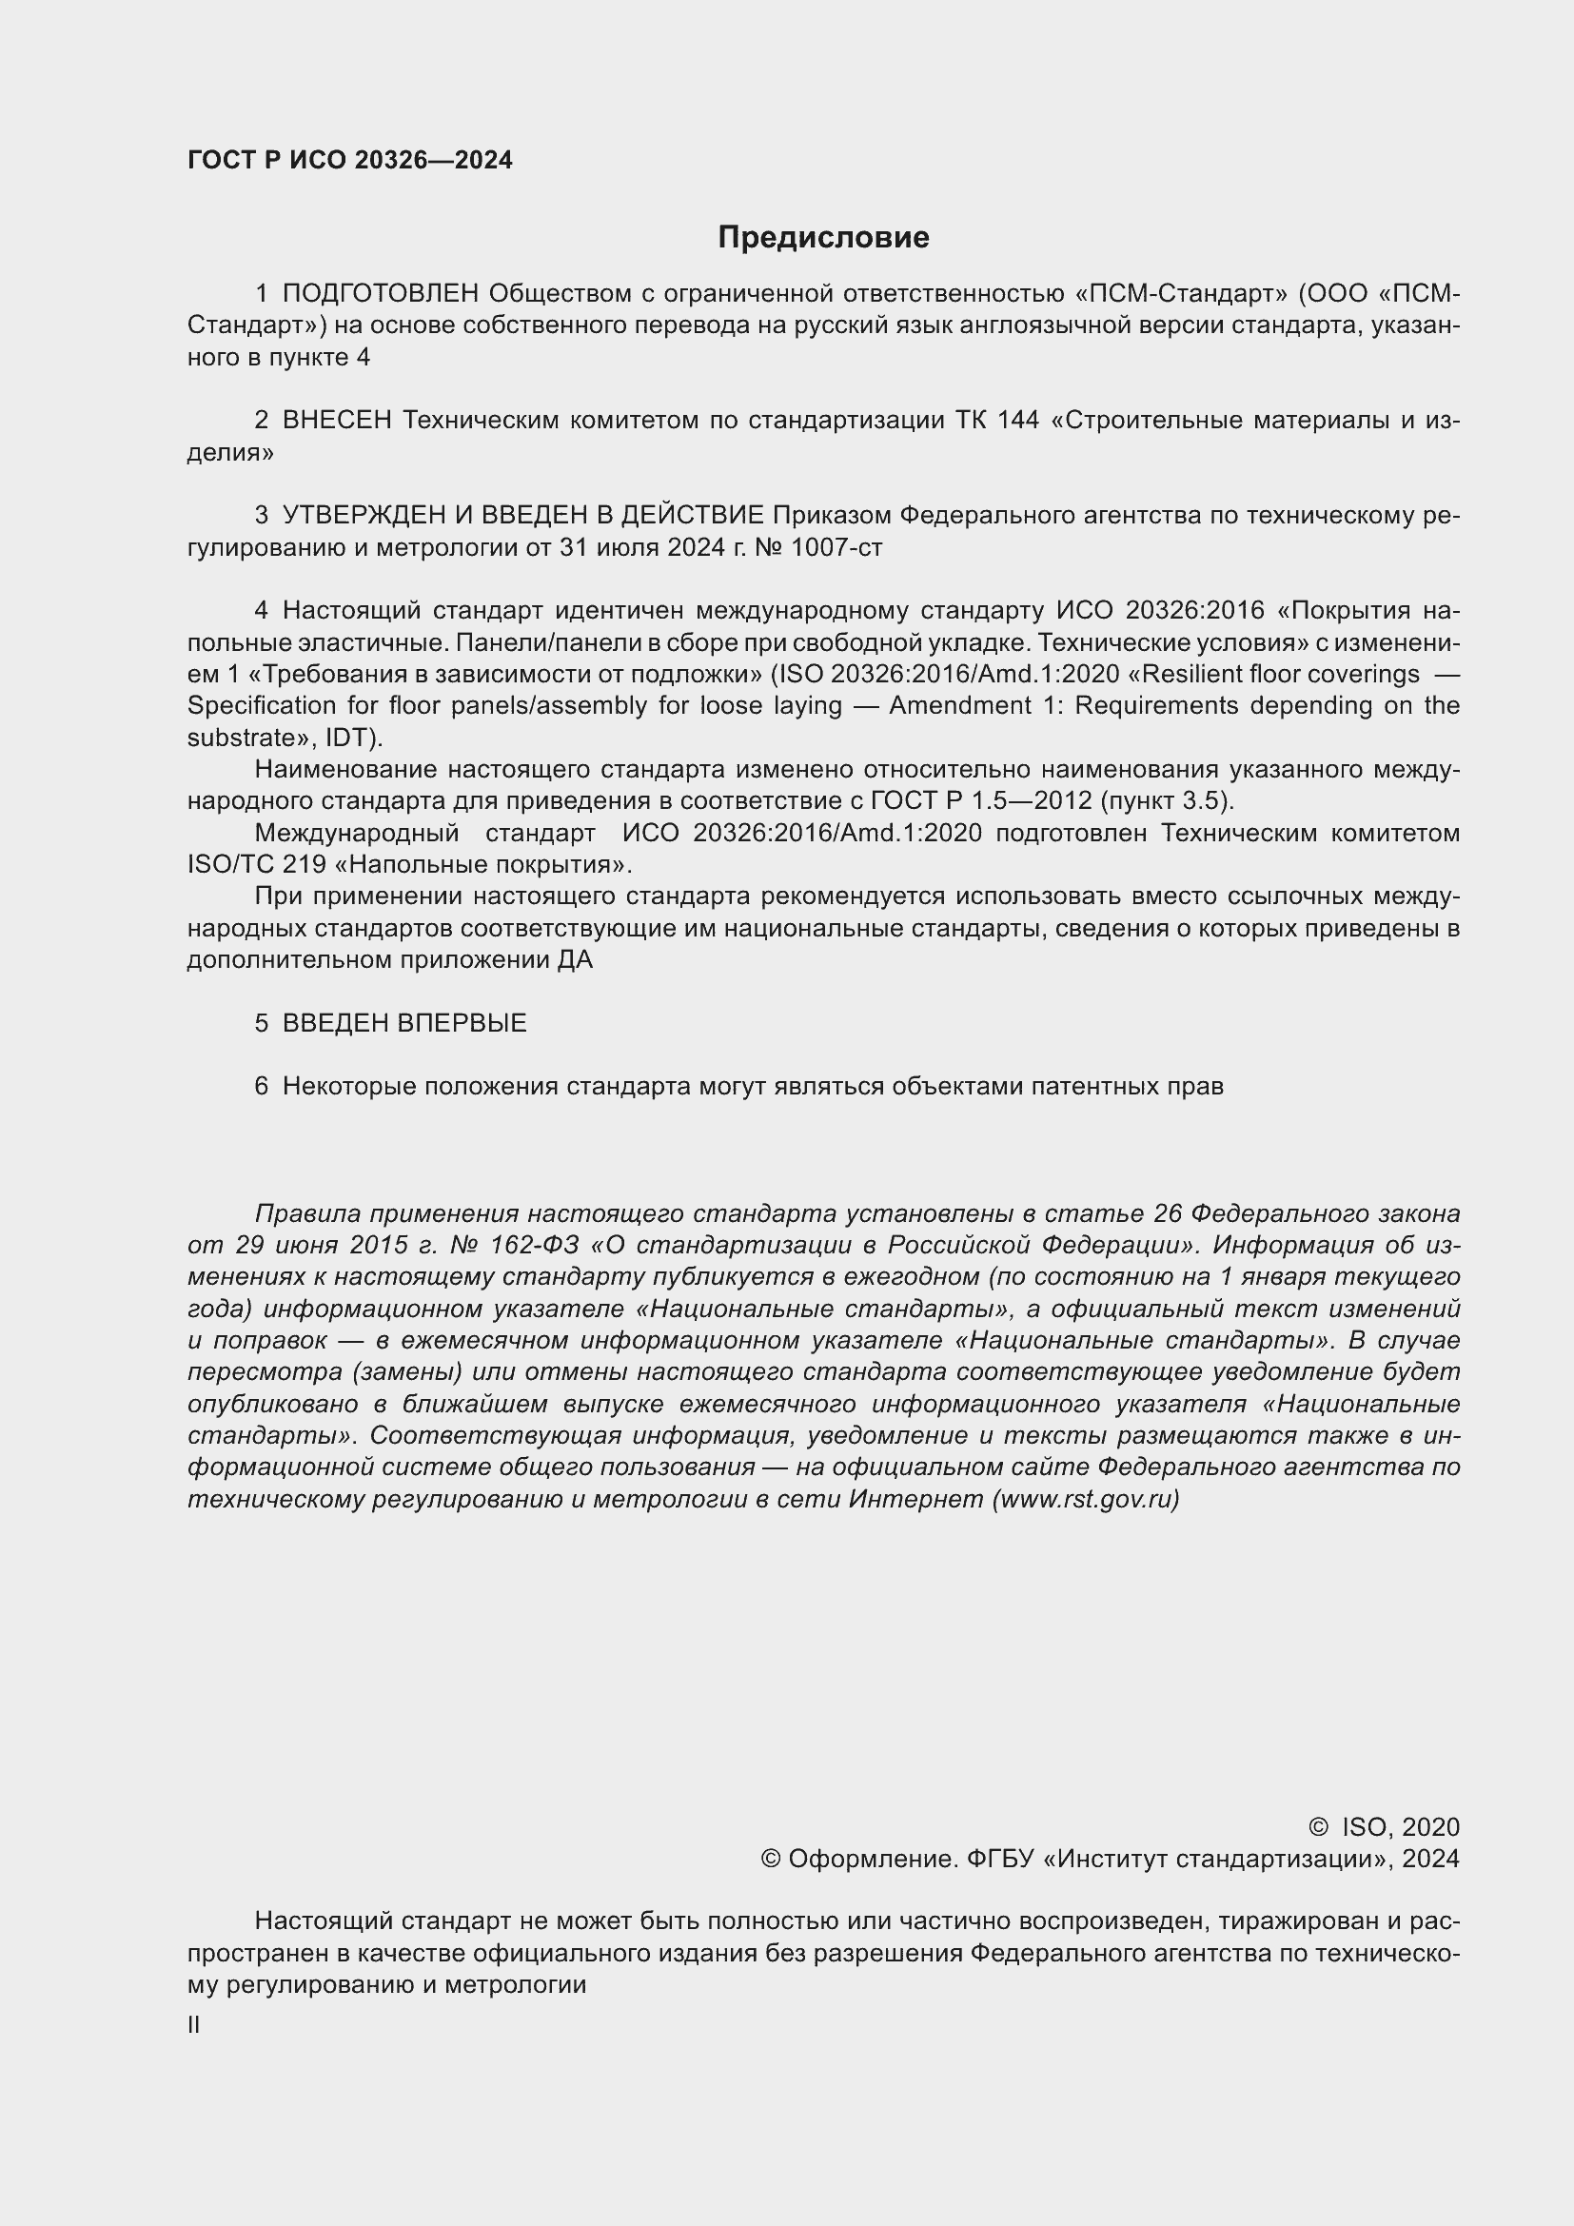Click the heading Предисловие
pyautogui.click(x=823, y=238)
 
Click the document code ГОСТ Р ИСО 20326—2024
pyautogui.click(x=350, y=161)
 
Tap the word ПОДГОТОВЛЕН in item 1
pyautogui.click(x=381, y=294)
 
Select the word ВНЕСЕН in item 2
pyautogui.click(x=337, y=420)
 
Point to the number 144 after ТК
pyautogui.click(x=1017, y=420)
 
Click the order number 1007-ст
pyautogui.click(x=836, y=548)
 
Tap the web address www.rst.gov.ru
pyautogui.click(x=1086, y=1500)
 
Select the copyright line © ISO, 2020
pyautogui.click(x=1383, y=1827)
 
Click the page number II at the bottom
pyautogui.click(x=194, y=2025)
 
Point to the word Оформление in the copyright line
pyautogui.click(x=872, y=1860)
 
